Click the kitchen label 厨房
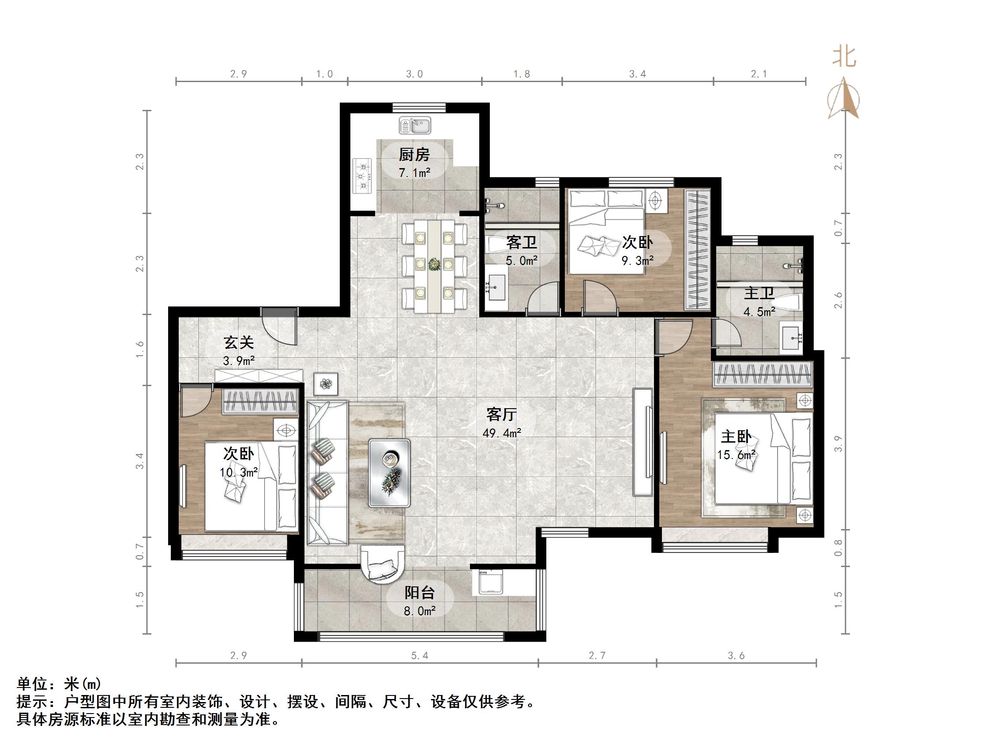click(x=414, y=155)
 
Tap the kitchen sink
click(x=415, y=126)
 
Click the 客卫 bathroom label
click(x=522, y=243)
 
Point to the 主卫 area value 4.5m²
click(x=759, y=311)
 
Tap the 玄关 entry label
click(x=239, y=342)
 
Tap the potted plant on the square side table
click(x=326, y=384)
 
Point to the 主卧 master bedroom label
click(x=736, y=436)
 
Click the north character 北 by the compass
click(x=845, y=58)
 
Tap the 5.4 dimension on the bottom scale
click(x=420, y=656)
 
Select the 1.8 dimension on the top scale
click(x=522, y=74)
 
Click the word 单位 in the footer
click(x=32, y=684)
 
